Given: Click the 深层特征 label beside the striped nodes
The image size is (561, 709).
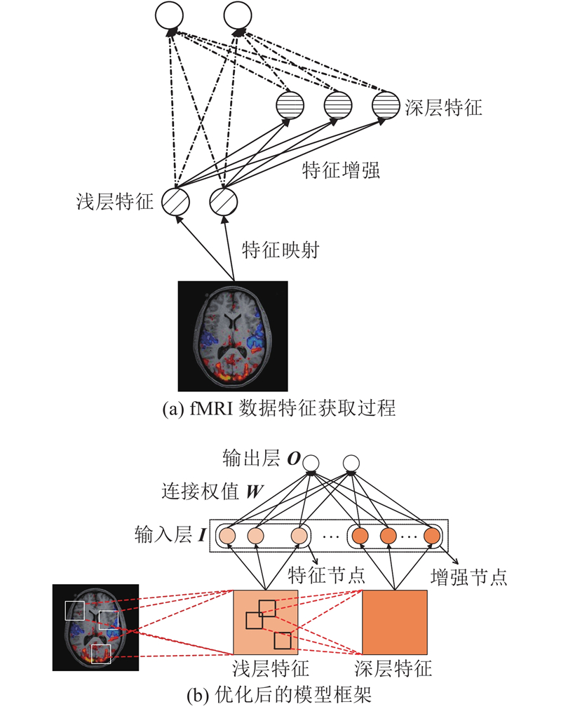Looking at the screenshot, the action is [443, 107].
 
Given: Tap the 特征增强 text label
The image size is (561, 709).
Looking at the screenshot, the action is [341, 170].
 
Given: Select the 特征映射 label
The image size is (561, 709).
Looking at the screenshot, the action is [280, 249].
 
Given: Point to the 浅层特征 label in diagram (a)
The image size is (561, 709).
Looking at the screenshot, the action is [115, 201].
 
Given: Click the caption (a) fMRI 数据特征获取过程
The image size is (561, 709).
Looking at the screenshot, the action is [279, 408].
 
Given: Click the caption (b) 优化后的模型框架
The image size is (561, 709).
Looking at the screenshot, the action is [279, 695].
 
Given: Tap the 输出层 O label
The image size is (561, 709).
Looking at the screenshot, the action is [262, 458].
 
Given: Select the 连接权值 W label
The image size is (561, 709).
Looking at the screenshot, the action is [212, 491].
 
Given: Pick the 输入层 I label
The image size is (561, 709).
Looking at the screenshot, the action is [170, 534].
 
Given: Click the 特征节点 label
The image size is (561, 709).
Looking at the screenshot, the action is [326, 575].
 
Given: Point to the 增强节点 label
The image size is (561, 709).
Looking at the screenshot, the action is [468, 577].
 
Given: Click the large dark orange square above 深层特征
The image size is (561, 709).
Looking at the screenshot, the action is [395, 622].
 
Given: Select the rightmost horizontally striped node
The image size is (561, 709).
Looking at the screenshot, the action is [386, 105].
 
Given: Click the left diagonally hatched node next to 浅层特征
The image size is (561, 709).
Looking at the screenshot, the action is [175, 202].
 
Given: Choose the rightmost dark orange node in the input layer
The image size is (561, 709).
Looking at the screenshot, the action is [432, 536].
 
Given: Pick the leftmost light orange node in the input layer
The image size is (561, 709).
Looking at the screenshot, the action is [227, 536].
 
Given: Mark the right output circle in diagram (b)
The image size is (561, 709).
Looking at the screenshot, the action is [351, 464].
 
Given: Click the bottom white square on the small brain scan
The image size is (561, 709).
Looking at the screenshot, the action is [101, 654].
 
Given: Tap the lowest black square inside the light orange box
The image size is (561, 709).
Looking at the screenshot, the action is [283, 640].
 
